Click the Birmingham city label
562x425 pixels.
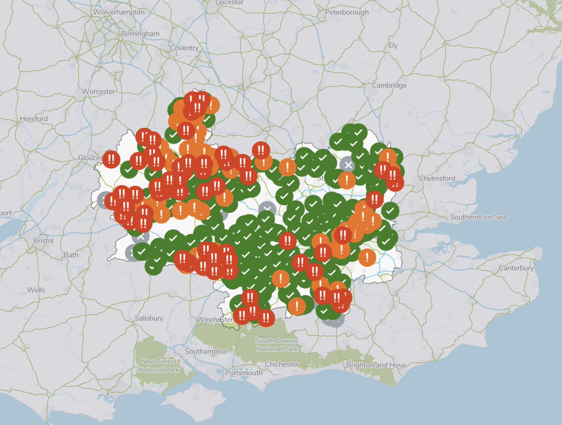click(x=140, y=34)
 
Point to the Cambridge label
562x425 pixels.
click(x=389, y=85)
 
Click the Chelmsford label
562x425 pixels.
click(x=437, y=178)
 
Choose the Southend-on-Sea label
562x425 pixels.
click(x=478, y=217)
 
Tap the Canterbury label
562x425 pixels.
click(x=516, y=268)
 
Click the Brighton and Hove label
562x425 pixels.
click(x=376, y=365)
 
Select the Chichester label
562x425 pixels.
click(x=281, y=364)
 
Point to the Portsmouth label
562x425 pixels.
click(x=244, y=373)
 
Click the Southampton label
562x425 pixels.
click(x=207, y=351)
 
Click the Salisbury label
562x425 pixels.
click(x=149, y=318)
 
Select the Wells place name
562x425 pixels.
click(x=36, y=290)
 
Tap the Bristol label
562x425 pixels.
click(x=44, y=240)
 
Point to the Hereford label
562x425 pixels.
click(x=33, y=119)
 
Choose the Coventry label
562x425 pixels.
click(x=184, y=48)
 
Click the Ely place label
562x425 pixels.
click(x=392, y=45)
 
